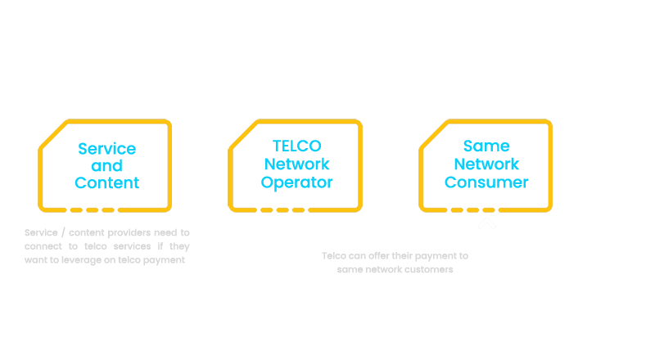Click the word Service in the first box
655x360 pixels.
point(106,149)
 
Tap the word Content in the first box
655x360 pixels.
point(106,182)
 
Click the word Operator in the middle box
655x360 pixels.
point(296,182)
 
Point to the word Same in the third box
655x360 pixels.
point(486,146)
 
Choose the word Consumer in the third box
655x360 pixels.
point(486,182)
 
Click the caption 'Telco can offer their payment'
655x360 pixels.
point(395,256)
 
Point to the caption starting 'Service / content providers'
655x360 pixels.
point(107,232)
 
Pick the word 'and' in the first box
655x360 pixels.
point(106,166)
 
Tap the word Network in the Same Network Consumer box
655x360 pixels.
point(486,164)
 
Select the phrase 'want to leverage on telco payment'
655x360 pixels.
point(107,260)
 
